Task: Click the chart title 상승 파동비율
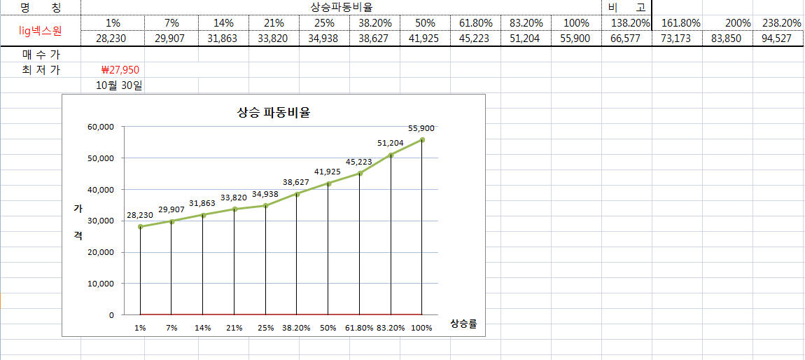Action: click(x=274, y=112)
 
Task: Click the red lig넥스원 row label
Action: click(x=40, y=30)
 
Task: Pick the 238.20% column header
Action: click(x=781, y=22)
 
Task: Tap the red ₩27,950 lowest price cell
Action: click(x=122, y=70)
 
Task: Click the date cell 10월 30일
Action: click(x=122, y=86)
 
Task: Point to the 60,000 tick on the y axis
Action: click(x=101, y=127)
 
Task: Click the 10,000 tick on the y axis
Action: click(x=101, y=284)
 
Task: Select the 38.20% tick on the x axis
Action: click(x=296, y=328)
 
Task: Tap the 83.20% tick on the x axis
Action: click(x=391, y=328)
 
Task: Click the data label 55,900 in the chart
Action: click(x=421, y=128)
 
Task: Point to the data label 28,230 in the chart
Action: click(x=140, y=216)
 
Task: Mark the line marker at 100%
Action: click(x=422, y=140)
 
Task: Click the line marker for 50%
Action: click(x=328, y=184)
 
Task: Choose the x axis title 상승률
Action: click(x=463, y=324)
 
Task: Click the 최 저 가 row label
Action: click(x=40, y=70)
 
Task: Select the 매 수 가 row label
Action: click(x=40, y=54)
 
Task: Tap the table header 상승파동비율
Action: click(x=341, y=7)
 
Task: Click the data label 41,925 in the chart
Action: click(x=328, y=172)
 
